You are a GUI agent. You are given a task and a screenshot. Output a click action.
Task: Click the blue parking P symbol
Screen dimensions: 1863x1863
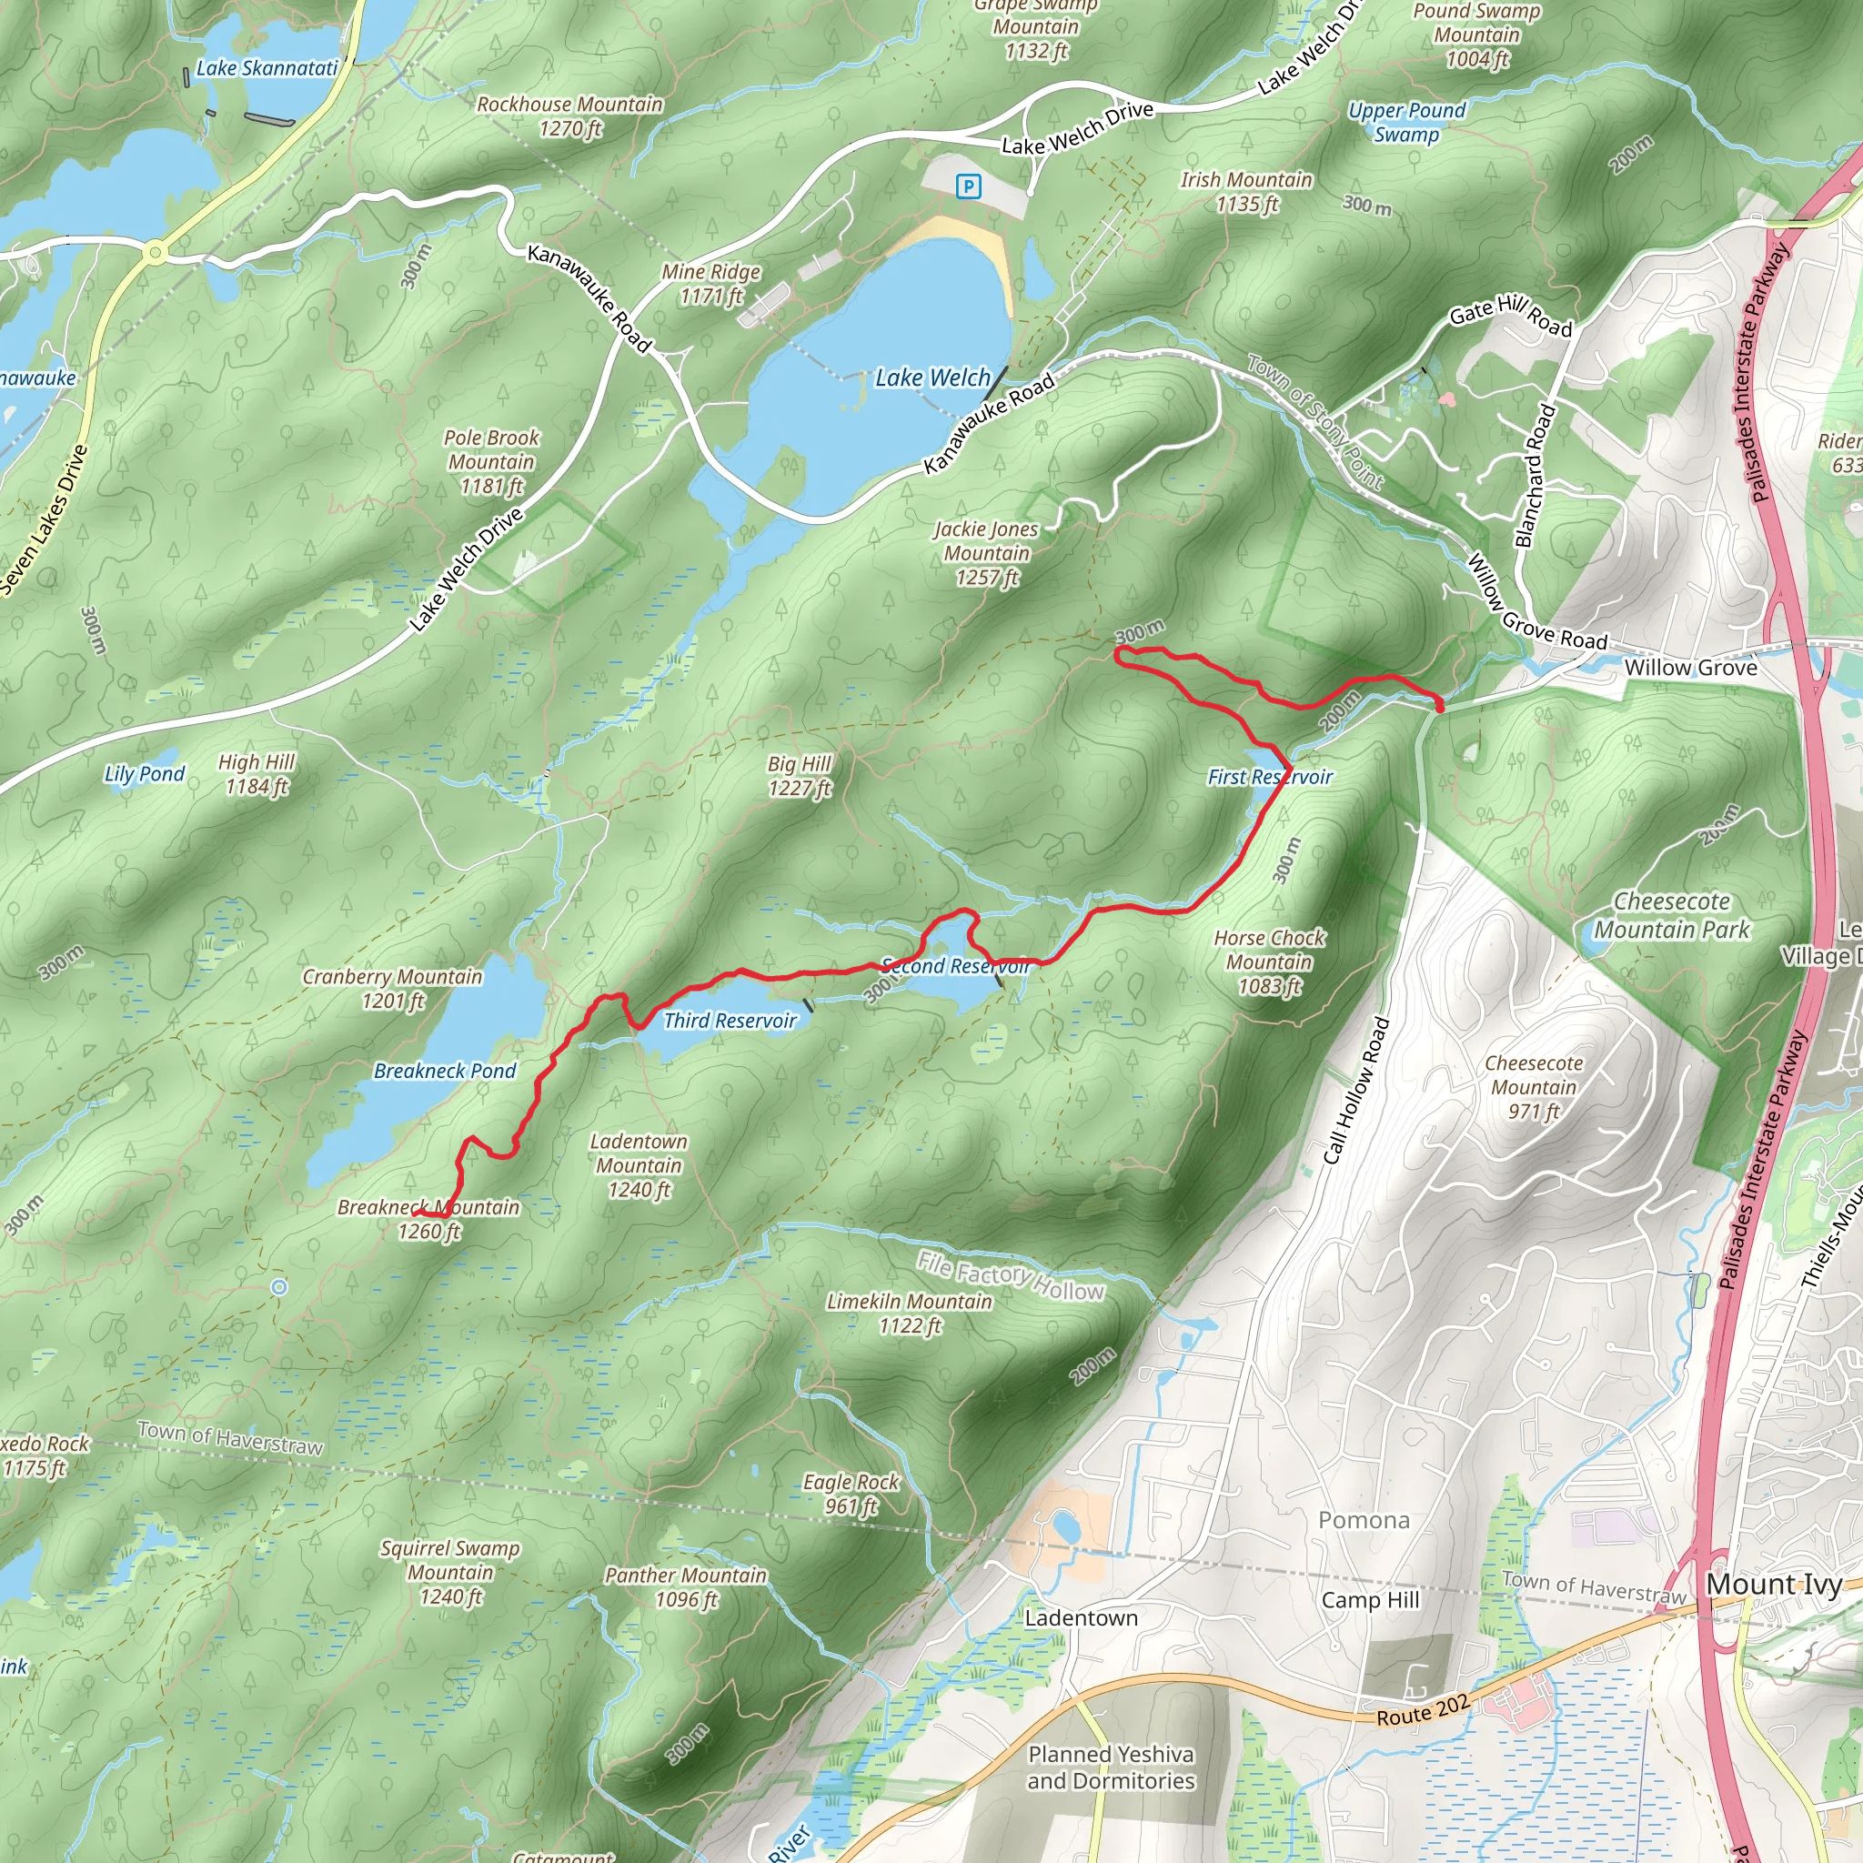coord(968,187)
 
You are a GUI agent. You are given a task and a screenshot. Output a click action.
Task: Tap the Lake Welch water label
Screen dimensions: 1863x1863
coord(931,378)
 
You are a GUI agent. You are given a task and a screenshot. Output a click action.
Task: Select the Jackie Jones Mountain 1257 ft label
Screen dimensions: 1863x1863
coord(985,553)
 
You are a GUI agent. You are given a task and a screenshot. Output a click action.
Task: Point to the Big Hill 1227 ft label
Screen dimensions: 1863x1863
coord(800,776)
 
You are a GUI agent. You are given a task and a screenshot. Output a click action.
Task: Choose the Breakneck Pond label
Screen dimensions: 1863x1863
coord(445,1071)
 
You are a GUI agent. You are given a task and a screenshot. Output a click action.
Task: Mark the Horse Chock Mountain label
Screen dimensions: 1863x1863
coord(1269,962)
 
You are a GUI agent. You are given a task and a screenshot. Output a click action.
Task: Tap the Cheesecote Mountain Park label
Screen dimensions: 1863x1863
coord(1671,915)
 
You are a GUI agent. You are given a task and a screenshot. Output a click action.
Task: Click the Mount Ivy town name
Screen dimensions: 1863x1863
coord(1773,1585)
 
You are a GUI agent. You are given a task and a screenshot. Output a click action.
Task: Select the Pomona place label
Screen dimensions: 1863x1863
coord(1364,1521)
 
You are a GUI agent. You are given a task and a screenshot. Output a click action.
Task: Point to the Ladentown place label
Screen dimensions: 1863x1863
coord(1081,1618)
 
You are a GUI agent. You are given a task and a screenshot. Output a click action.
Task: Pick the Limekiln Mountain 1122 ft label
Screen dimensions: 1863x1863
coord(910,1314)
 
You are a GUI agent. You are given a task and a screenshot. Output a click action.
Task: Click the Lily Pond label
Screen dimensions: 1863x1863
coord(145,773)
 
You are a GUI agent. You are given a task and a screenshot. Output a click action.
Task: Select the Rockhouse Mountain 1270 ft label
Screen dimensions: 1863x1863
coord(569,116)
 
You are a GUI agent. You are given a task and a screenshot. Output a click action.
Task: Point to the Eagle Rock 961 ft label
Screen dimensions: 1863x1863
coord(851,1494)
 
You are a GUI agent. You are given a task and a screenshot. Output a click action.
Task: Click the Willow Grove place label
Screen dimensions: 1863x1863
coord(1690,668)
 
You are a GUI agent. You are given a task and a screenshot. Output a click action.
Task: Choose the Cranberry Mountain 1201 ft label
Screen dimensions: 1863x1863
coord(392,989)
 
